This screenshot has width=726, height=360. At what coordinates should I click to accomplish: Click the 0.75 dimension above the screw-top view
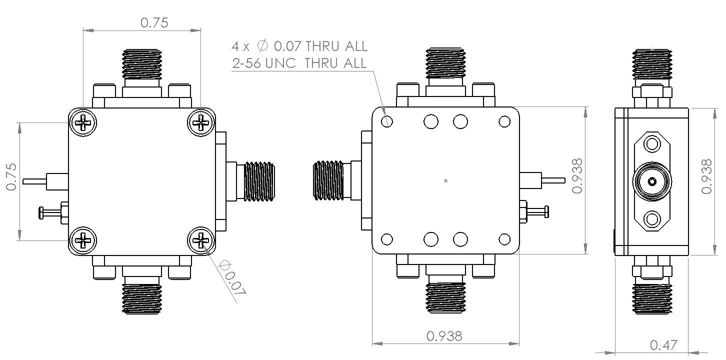tap(154, 23)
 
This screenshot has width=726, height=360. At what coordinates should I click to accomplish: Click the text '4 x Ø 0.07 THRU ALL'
tap(299, 46)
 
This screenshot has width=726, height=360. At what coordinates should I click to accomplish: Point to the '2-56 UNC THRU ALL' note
tap(299, 63)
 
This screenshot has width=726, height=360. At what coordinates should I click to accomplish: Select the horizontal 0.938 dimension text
tap(445, 336)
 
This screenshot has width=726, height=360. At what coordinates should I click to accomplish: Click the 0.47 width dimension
tap(663, 345)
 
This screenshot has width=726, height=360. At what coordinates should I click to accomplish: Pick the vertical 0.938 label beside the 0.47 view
tap(706, 176)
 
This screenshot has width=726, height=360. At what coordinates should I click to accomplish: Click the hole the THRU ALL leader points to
tap(386, 121)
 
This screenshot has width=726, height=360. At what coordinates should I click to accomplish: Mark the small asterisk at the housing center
tap(445, 181)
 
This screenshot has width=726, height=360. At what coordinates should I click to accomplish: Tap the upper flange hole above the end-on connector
tap(652, 145)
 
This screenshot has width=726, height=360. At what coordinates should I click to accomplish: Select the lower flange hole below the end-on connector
tap(652, 218)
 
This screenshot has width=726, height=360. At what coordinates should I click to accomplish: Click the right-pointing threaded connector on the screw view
tap(258, 181)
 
